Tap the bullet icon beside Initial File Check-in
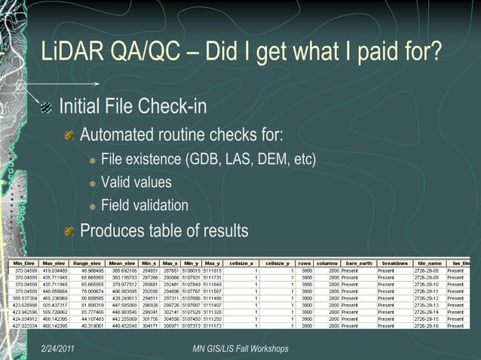coord(46,108)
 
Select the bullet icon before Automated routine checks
coord(69,136)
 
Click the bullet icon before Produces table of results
coord(69,231)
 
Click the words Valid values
coord(136,182)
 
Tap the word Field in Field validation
coord(115,206)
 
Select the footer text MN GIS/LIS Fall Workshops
coord(240,349)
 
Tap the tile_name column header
coord(429,263)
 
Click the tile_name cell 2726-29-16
coord(427,325)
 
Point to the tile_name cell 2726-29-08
coord(427,270)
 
